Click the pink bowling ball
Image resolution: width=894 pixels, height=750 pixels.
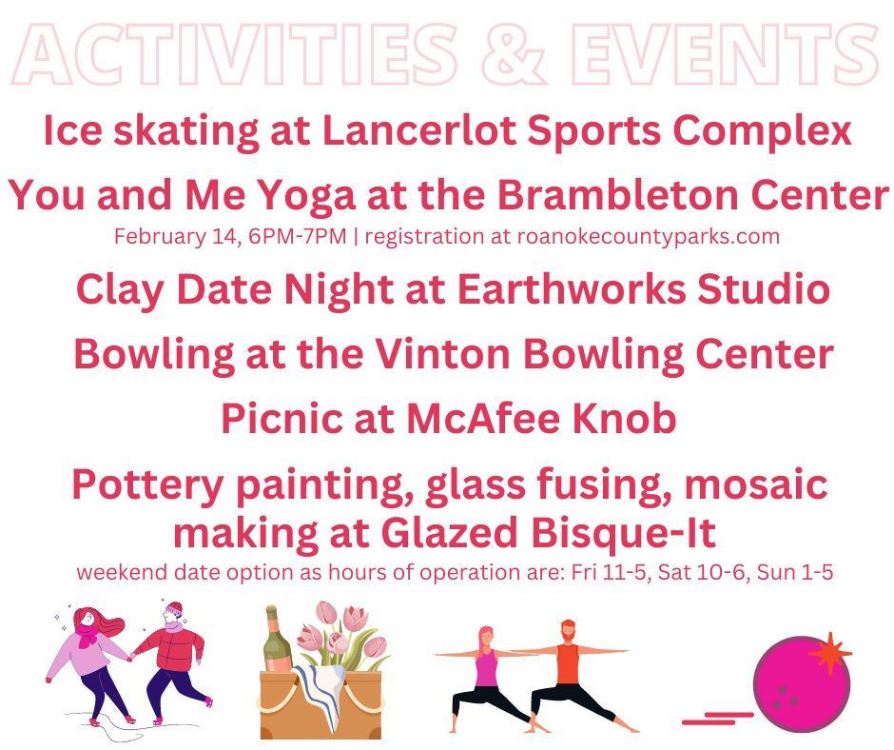[x=800, y=684]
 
